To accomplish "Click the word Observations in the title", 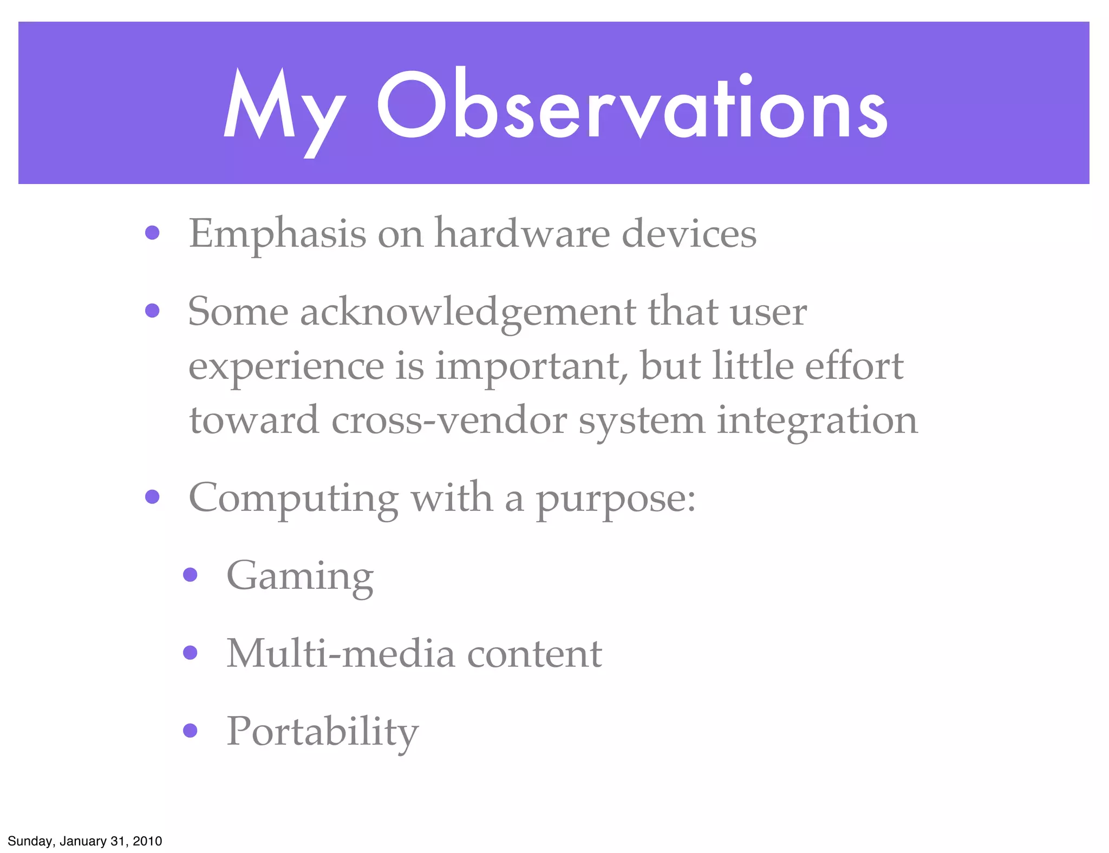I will [x=632, y=106].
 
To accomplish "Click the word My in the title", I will [x=284, y=108].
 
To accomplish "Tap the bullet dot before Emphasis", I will [x=152, y=233].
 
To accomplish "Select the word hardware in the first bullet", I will [x=522, y=234].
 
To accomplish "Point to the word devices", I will [x=689, y=234].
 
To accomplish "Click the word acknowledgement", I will [x=468, y=313].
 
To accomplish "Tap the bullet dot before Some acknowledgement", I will [x=152, y=311].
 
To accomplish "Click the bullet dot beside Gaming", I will [x=190, y=574].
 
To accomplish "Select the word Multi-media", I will [x=341, y=654].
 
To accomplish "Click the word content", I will [x=534, y=654].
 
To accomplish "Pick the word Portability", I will [x=322, y=732].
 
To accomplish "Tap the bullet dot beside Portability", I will [x=190, y=731].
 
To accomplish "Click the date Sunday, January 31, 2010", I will [x=85, y=841].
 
